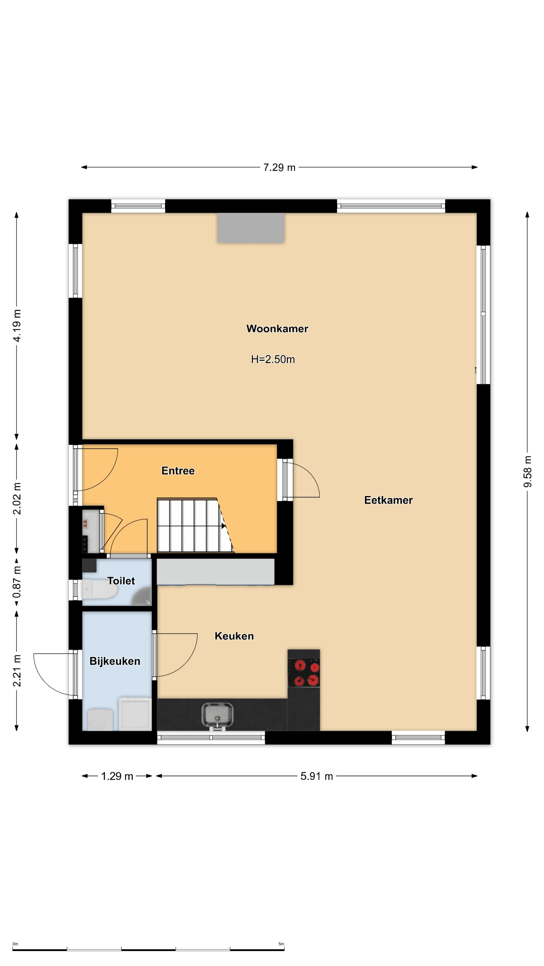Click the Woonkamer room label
[x=277, y=329]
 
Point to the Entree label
[x=178, y=471]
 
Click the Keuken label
[x=234, y=636]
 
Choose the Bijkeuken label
[x=115, y=661]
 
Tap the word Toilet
[x=121, y=581]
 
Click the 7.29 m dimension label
[x=279, y=167]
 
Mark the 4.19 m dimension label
[x=17, y=326]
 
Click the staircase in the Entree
[x=195, y=525]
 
